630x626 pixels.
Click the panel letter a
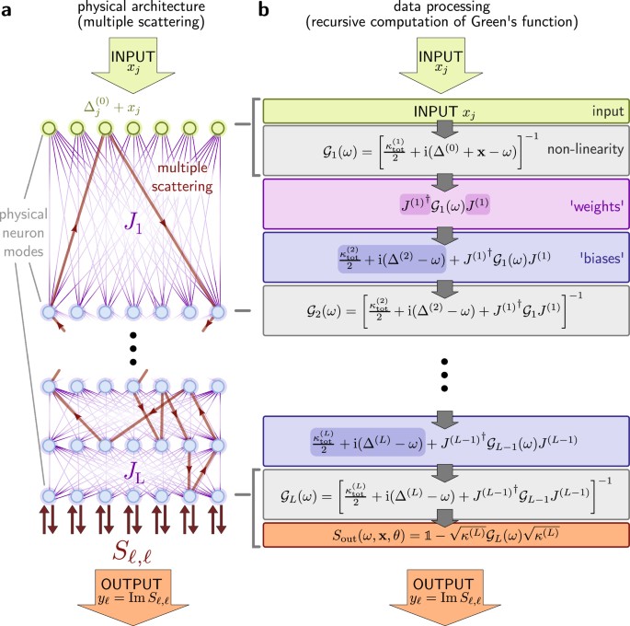[8, 10]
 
